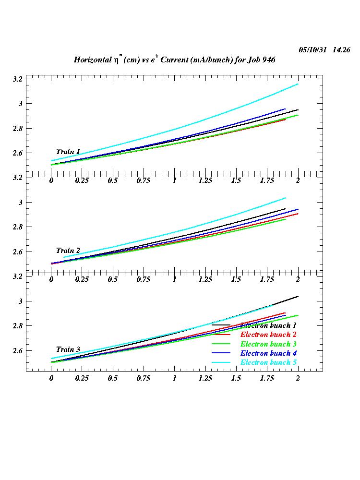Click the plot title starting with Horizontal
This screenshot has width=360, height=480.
174,60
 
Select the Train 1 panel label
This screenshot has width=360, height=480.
68,152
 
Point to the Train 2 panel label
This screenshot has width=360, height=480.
68,251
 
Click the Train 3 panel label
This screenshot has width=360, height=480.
68,349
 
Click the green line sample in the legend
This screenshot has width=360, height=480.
221,344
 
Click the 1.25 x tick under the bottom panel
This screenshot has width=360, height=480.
205,378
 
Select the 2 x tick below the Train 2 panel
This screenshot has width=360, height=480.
298,279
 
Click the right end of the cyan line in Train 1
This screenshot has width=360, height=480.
298,84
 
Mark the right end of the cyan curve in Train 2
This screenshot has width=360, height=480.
286,198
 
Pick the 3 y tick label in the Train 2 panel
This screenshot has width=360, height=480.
21,202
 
